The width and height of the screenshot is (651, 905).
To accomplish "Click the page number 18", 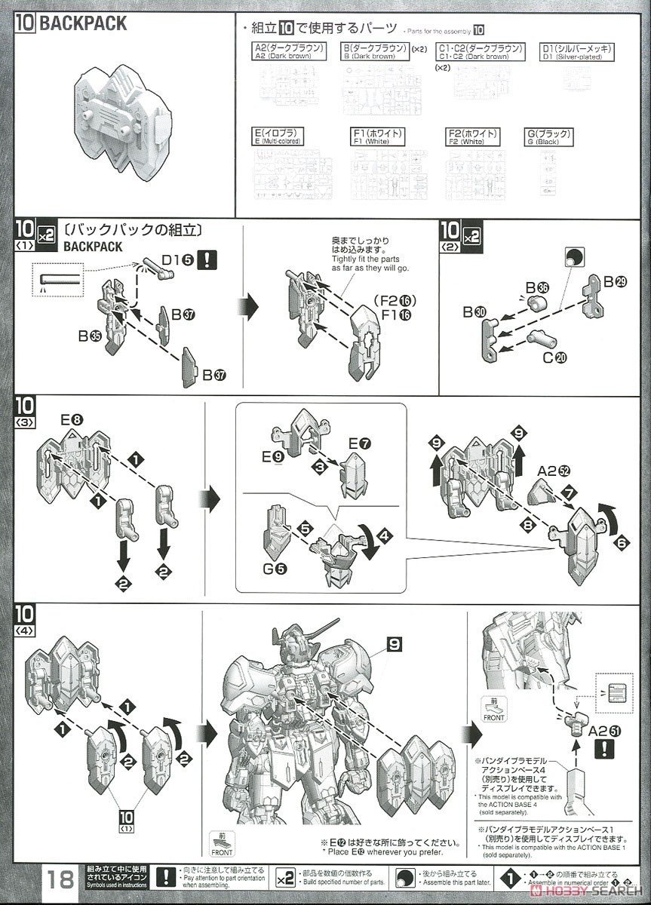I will (x=60, y=879).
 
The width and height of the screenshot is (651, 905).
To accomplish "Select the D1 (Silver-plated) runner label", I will (x=577, y=52).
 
